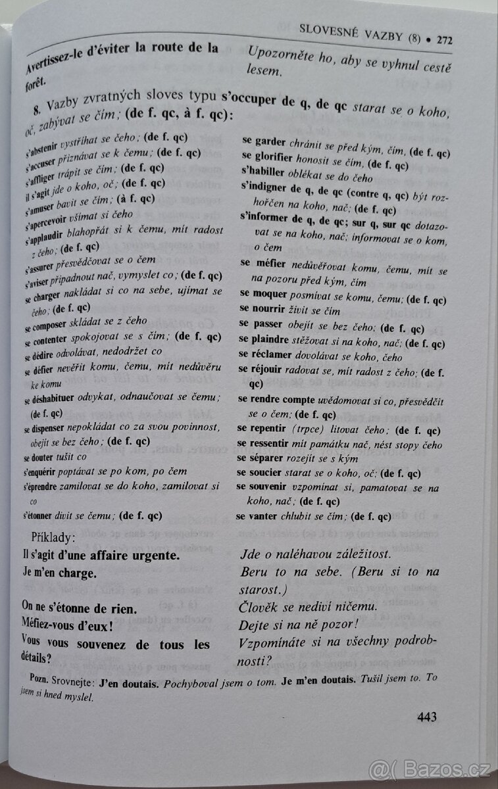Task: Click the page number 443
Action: [427, 717]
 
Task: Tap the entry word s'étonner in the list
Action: [42, 516]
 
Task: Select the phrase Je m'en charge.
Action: [59, 573]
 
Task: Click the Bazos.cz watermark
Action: [430, 768]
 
